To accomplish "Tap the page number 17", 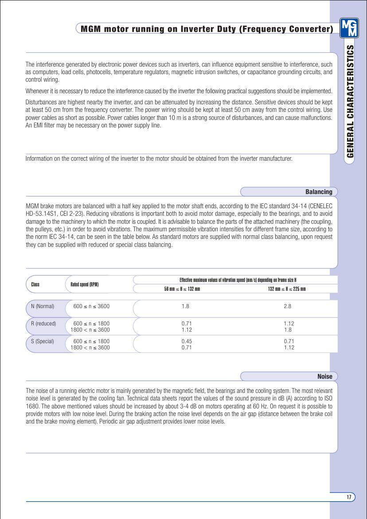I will [349, 497].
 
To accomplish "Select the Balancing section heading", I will [319, 192].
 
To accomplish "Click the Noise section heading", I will [325, 376].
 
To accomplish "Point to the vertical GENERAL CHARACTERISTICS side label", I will [350, 101].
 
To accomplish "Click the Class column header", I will [35, 285].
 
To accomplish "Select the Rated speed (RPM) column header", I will [84, 285].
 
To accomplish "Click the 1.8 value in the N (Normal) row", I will [186, 306].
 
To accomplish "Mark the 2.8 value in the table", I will [288, 306].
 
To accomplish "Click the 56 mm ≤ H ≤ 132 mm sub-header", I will [182, 289].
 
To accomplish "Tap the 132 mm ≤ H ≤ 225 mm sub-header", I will [287, 289].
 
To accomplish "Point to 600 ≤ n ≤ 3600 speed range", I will [91, 306].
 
